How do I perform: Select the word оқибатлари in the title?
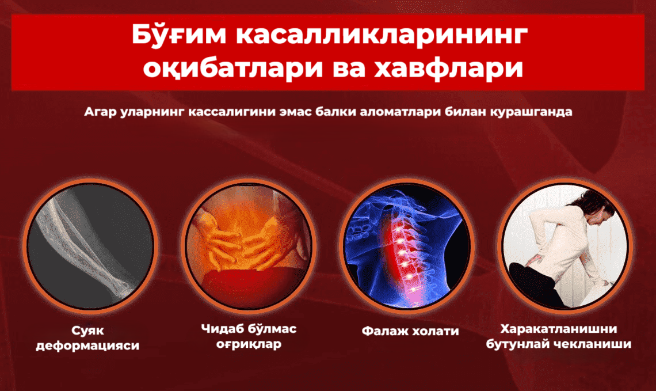232,69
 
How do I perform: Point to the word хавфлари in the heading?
448,69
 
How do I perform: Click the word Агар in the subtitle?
100,112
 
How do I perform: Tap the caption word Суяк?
87,331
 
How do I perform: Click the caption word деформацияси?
87,346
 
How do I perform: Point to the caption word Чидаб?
221,329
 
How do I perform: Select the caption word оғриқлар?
249,344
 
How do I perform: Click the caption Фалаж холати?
410,331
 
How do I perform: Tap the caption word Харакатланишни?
559,329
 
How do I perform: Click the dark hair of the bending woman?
590,202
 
